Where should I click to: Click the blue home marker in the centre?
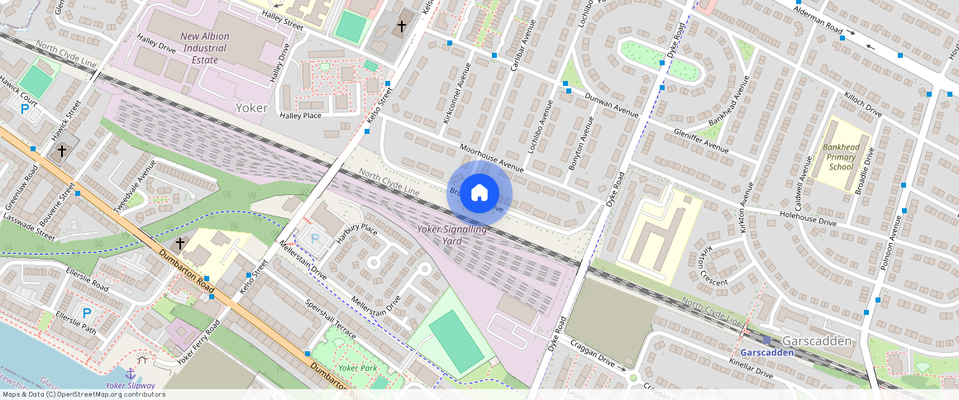coord(479,193)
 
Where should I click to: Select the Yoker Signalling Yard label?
coord(451,235)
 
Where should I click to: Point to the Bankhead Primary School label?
coord(841,157)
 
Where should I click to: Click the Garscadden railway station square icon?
coord(766,340)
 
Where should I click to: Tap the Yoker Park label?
coord(357,368)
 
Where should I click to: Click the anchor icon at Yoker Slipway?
coord(130,373)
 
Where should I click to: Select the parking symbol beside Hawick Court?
coord(25,108)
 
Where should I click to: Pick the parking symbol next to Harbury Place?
coord(314,239)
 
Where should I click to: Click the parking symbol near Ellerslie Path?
coord(87,313)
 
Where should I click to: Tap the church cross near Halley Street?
coord(402,26)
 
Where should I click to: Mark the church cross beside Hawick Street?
coord(61,151)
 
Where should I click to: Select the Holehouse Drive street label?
coord(808,218)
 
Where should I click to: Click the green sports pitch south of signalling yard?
coord(456,340)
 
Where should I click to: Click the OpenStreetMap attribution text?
coord(83,394)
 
